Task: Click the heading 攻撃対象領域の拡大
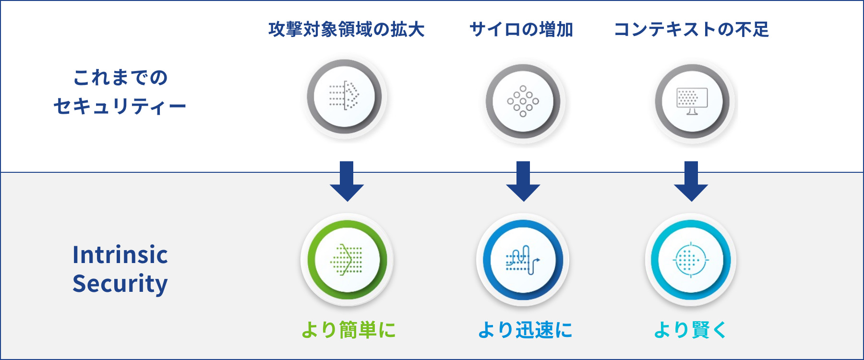[x=347, y=29]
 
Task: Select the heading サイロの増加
[x=521, y=29]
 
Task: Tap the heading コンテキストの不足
[x=692, y=29]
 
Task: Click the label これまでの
[x=120, y=77]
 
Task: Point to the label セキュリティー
[x=120, y=106]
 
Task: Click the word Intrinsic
[x=120, y=254]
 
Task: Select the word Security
[x=120, y=283]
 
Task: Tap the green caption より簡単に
[x=348, y=330]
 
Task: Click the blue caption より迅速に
[x=525, y=330]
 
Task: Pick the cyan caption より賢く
[x=690, y=330]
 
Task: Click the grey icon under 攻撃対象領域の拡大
[x=345, y=96]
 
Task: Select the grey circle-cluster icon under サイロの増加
[x=523, y=101]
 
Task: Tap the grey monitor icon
[x=692, y=101]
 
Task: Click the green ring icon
[x=347, y=260]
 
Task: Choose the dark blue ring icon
[x=523, y=260]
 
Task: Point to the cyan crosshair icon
[x=691, y=260]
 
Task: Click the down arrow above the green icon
[x=347, y=181]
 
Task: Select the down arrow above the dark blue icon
[x=523, y=181]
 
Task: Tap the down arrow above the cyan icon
[x=691, y=181]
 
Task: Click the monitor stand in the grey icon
[x=692, y=112]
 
